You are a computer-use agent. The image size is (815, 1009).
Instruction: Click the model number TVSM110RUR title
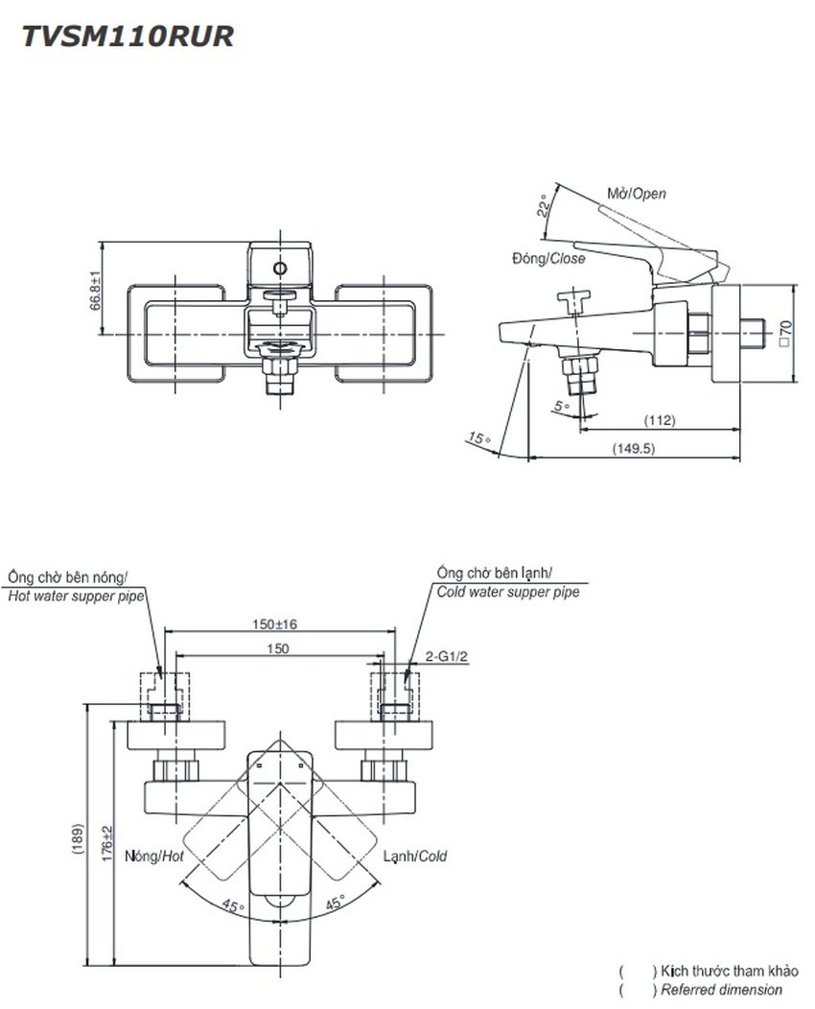(128, 36)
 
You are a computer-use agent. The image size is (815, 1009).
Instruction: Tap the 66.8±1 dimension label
(96, 288)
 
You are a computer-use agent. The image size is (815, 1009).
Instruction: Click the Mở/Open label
(636, 194)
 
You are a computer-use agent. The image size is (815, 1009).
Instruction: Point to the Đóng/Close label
(547, 258)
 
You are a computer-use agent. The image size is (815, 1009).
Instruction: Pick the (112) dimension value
(660, 420)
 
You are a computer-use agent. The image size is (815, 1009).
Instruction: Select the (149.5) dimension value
(634, 448)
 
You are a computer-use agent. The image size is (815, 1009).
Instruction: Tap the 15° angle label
(477, 438)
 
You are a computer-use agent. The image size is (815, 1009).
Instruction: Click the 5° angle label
(560, 406)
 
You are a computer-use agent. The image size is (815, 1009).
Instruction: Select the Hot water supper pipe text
(76, 596)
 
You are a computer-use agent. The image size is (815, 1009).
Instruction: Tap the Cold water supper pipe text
(508, 593)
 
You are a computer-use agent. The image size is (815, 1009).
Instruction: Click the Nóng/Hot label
(154, 856)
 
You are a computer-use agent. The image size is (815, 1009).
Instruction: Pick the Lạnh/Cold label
(415, 856)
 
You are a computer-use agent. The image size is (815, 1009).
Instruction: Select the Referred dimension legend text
(720, 990)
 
